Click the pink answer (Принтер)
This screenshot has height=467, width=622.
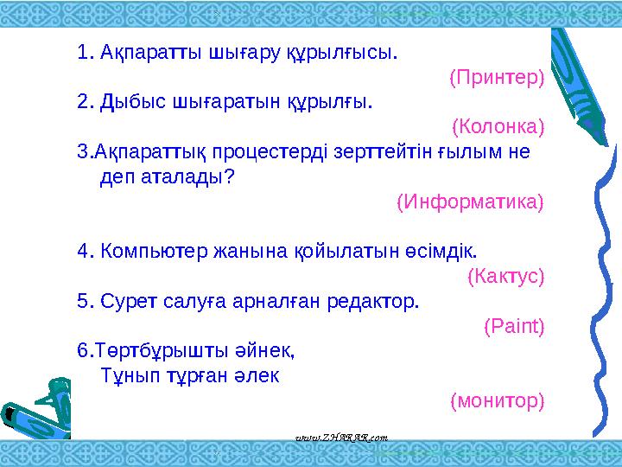497,78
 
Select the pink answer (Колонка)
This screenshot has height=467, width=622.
498,128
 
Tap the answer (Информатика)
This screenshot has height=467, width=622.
470,202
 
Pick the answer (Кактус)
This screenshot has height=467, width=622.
505,277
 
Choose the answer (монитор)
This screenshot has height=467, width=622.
498,401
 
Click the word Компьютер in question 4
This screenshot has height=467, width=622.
149,252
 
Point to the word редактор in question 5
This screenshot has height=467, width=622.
381,302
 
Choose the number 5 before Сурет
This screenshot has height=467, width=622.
83,302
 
